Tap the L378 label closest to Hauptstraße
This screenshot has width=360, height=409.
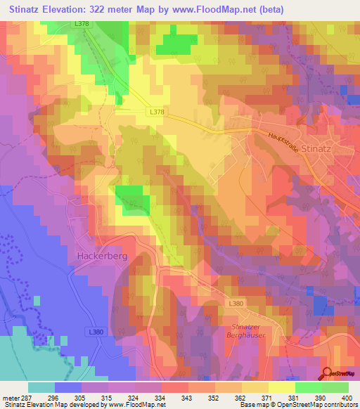pyautogui.click(x=158, y=111)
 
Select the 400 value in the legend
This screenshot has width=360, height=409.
pyautogui.click(x=344, y=397)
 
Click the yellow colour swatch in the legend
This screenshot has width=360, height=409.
pyautogui.click(x=282, y=387)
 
